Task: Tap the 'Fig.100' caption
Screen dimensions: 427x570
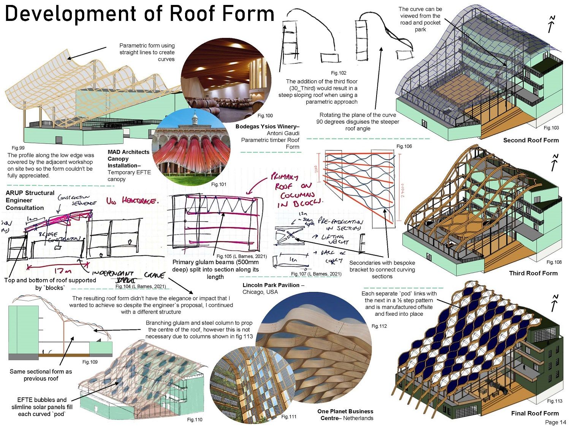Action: [265, 115]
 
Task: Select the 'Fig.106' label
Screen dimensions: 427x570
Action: [404, 146]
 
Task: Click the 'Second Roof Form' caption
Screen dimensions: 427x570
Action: [531, 140]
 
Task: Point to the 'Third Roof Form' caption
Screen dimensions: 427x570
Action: [533, 273]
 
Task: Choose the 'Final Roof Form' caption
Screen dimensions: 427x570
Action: [535, 413]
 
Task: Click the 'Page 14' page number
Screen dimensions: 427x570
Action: [555, 422]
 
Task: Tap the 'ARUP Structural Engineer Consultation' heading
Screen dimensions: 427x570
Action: [30, 200]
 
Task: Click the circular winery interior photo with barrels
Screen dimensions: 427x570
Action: [226, 77]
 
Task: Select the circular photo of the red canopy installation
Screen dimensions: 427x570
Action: [191, 146]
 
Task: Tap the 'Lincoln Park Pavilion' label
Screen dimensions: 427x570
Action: [273, 285]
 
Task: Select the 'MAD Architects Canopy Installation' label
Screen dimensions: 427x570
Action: [128, 159]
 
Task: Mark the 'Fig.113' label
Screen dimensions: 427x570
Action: [554, 401]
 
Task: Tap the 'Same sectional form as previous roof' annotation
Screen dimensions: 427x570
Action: [41, 375]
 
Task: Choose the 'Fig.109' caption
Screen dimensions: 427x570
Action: [90, 362]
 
